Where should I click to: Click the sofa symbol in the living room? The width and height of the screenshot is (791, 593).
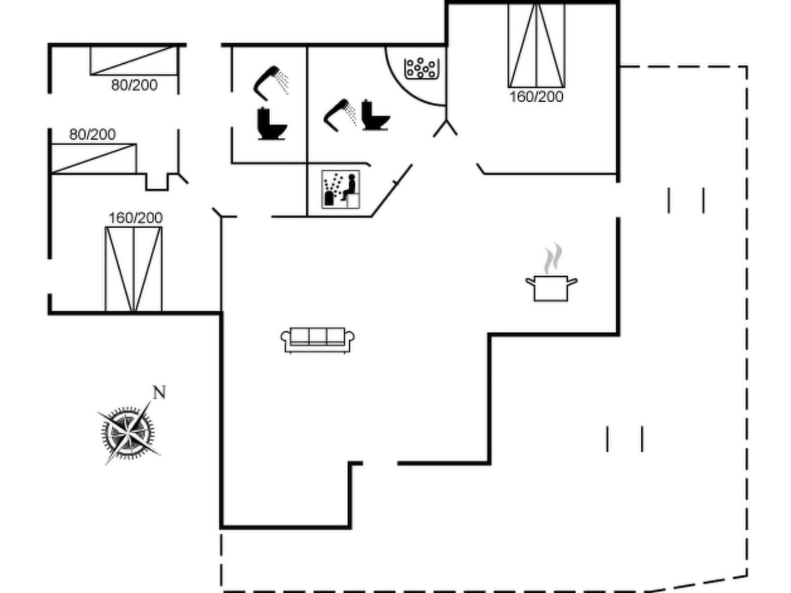(318, 340)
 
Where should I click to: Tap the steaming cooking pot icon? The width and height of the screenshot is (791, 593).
(551, 287)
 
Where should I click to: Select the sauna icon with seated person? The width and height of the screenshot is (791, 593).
(341, 189)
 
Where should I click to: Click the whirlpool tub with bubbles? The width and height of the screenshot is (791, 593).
(420, 68)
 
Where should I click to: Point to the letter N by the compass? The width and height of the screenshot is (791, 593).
(159, 393)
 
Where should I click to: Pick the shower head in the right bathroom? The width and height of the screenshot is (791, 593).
(339, 112)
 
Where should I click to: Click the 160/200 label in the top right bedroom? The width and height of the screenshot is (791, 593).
(536, 97)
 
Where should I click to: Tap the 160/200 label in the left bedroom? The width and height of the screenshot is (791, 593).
(136, 217)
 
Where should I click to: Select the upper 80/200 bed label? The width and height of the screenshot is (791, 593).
(134, 85)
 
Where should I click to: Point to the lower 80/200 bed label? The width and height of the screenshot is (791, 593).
(92, 134)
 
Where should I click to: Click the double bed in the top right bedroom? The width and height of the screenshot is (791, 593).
(536, 45)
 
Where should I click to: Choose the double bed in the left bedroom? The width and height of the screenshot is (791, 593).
(134, 269)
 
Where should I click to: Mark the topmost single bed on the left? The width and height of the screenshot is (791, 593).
(134, 60)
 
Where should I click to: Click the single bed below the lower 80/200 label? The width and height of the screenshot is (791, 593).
(94, 159)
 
